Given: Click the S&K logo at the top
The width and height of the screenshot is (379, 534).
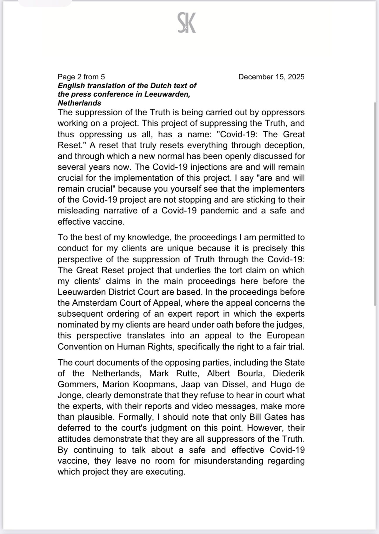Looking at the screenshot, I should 187,23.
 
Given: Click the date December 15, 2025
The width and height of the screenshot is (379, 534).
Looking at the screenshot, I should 271,77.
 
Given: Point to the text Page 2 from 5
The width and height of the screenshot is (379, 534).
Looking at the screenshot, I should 81,77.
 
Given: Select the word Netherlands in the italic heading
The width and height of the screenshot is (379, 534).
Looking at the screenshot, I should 79,103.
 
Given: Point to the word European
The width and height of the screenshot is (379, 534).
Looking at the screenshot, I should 286,336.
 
